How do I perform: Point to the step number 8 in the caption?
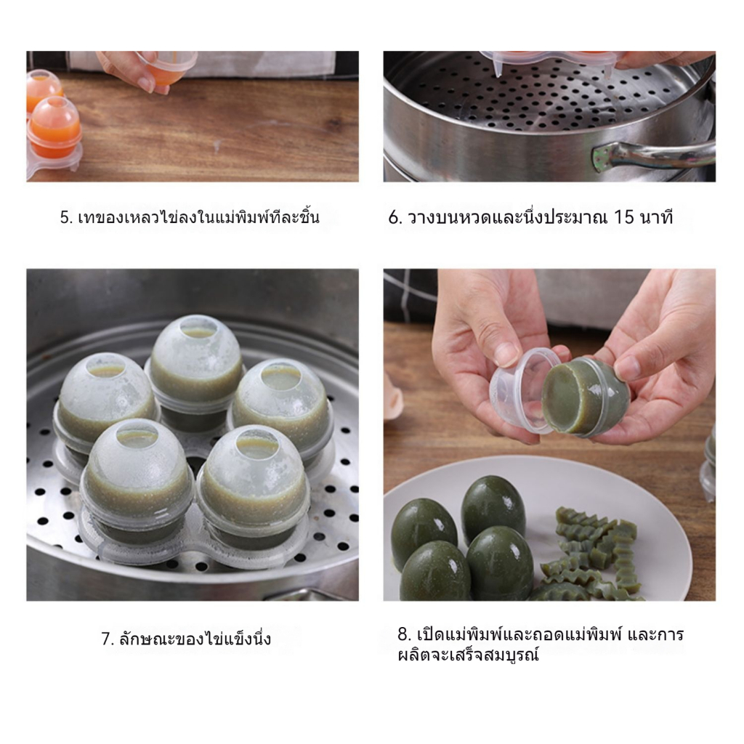coord(403,634)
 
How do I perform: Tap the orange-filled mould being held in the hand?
coord(167,66)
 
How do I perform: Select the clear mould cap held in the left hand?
coord(525,390)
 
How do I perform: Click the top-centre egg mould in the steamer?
coord(196,365)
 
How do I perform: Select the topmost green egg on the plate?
coord(493,508)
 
